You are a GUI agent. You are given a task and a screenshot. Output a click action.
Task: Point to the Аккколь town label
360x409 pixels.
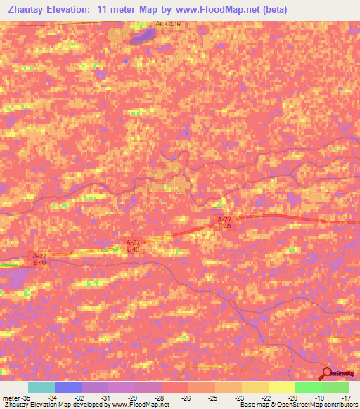coord(168,23)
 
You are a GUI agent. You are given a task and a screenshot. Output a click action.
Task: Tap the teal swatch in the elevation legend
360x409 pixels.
coord(41,387)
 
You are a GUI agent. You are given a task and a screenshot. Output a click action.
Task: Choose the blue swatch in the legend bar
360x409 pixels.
coord(68,387)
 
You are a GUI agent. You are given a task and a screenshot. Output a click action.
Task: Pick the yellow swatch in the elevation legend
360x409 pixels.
coord(282,387)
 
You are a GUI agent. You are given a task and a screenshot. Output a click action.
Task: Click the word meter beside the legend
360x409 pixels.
coord(10,397)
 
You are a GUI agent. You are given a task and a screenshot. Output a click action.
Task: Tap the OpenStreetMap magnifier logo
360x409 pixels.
coord(327,374)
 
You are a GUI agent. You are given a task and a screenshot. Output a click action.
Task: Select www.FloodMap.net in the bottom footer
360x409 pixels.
coord(140,405)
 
